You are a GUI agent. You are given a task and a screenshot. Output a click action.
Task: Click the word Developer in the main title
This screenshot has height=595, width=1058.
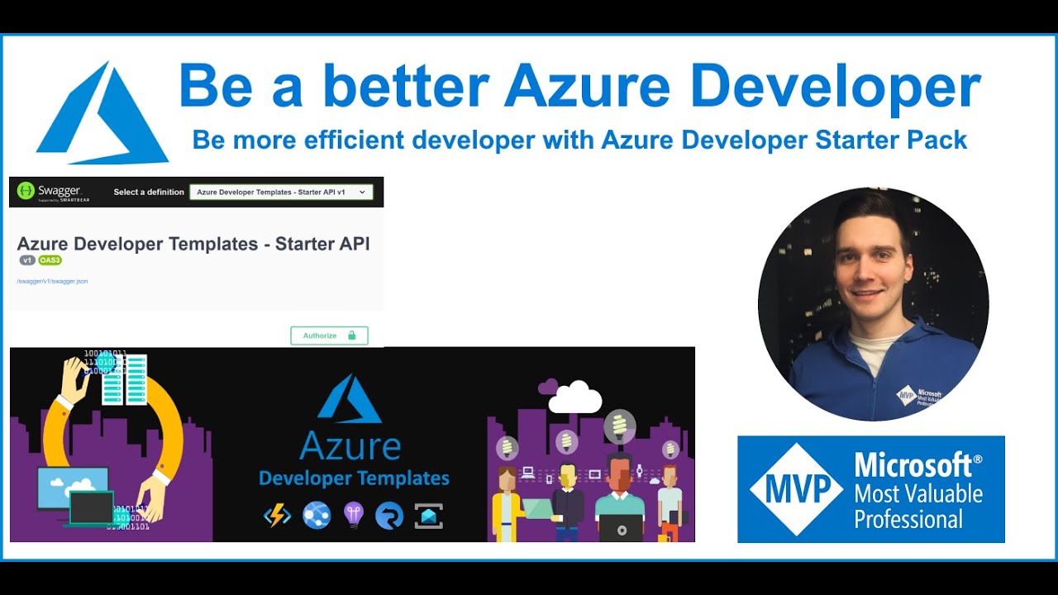click(836, 86)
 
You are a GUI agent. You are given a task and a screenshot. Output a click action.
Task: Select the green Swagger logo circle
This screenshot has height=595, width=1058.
click(26, 191)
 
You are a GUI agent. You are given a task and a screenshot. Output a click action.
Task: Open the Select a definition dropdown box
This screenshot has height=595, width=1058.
click(281, 192)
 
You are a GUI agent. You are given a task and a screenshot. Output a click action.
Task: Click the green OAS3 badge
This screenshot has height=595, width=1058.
click(50, 260)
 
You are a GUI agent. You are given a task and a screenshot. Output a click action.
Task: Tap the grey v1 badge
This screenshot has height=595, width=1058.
click(27, 260)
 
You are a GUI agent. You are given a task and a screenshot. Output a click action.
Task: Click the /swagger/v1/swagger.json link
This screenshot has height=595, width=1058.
click(52, 281)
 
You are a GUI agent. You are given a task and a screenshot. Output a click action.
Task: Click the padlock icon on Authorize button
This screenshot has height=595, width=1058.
click(351, 336)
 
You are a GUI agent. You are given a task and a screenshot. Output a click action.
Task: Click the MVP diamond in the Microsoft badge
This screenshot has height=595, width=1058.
click(796, 489)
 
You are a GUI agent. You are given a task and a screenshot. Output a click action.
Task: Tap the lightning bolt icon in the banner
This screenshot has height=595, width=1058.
click(277, 516)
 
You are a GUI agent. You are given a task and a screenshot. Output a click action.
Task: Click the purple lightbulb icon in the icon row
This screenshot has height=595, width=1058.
click(353, 515)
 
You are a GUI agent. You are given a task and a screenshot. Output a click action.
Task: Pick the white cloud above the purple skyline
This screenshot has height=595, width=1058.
click(574, 398)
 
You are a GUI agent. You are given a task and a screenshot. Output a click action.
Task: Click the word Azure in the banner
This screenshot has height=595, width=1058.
click(350, 446)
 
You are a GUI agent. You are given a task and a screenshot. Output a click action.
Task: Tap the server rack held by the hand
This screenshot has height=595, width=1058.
click(124, 379)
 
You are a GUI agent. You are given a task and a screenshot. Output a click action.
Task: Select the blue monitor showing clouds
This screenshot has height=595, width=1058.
click(72, 487)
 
